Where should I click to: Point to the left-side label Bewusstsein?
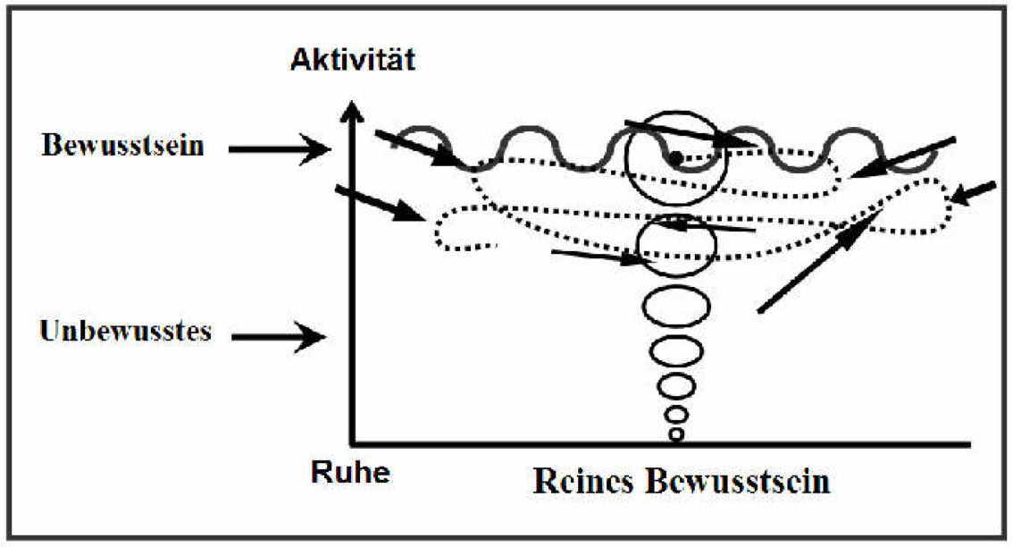(121, 146)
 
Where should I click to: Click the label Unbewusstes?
(125, 331)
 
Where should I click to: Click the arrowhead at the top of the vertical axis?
(355, 114)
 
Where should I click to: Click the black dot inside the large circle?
(676, 158)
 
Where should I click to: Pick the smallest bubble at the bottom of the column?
(676, 435)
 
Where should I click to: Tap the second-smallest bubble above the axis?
(676, 415)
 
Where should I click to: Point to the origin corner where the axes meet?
(356, 442)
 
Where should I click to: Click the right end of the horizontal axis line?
(968, 443)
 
